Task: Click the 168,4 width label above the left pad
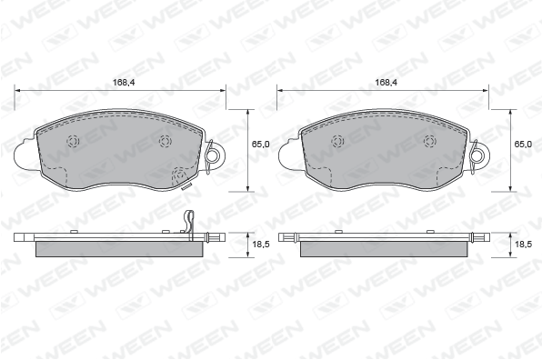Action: tap(124, 82)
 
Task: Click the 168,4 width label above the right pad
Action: tap(386, 82)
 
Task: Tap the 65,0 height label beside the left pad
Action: tap(260, 144)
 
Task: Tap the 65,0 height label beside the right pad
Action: tap(523, 144)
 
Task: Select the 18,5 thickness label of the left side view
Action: tap(261, 245)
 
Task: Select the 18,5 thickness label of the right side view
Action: tap(523, 245)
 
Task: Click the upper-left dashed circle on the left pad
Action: tap(74, 141)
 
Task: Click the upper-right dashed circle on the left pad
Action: tap(165, 141)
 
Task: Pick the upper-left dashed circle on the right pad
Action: tap(337, 141)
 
